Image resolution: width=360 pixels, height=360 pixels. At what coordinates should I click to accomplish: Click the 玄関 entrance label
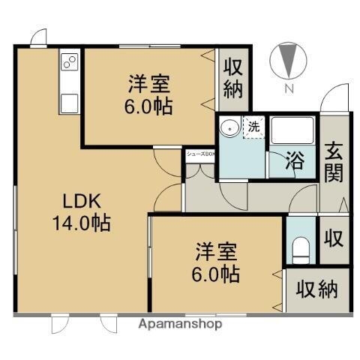pos(334,161)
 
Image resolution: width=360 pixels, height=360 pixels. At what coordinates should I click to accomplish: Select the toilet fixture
pos(301,248)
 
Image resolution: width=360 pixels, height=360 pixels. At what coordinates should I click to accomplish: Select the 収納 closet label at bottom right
pos(316,288)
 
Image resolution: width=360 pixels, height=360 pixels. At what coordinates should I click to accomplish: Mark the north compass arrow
pos(287,61)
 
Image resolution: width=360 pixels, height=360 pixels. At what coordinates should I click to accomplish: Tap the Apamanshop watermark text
pos(180,325)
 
